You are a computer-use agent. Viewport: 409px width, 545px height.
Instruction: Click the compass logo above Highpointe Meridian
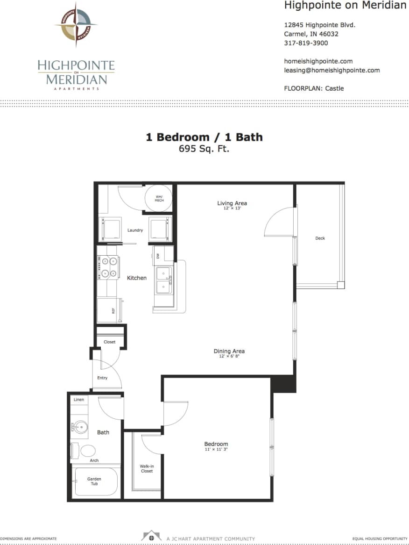tap(76, 24)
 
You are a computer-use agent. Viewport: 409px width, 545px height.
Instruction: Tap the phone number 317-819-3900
tap(306, 43)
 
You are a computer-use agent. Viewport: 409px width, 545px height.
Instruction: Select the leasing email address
tap(331, 70)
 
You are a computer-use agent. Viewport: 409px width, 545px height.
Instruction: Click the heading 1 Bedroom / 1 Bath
tap(204, 137)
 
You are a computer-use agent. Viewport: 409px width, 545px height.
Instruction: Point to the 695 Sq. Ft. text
tap(204, 149)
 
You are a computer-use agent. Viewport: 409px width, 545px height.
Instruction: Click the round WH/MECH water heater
tap(159, 199)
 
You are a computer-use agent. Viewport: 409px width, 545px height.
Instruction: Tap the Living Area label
tap(232, 203)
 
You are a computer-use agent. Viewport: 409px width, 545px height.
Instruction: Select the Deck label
tap(320, 238)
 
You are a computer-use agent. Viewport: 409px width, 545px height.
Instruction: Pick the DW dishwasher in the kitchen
tap(158, 256)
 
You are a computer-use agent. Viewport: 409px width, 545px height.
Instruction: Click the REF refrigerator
tap(109, 310)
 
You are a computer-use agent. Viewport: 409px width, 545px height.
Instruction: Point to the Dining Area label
tap(229, 351)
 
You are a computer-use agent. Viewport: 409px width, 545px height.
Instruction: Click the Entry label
tap(102, 378)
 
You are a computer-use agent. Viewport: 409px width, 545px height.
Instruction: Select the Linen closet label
tap(79, 400)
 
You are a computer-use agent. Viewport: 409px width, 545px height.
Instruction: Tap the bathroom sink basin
tap(80, 427)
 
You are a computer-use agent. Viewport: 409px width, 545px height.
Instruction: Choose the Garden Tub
tap(94, 481)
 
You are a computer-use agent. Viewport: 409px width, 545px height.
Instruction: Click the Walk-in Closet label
tap(146, 468)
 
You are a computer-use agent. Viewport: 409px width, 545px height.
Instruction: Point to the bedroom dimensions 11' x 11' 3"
tap(216, 449)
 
